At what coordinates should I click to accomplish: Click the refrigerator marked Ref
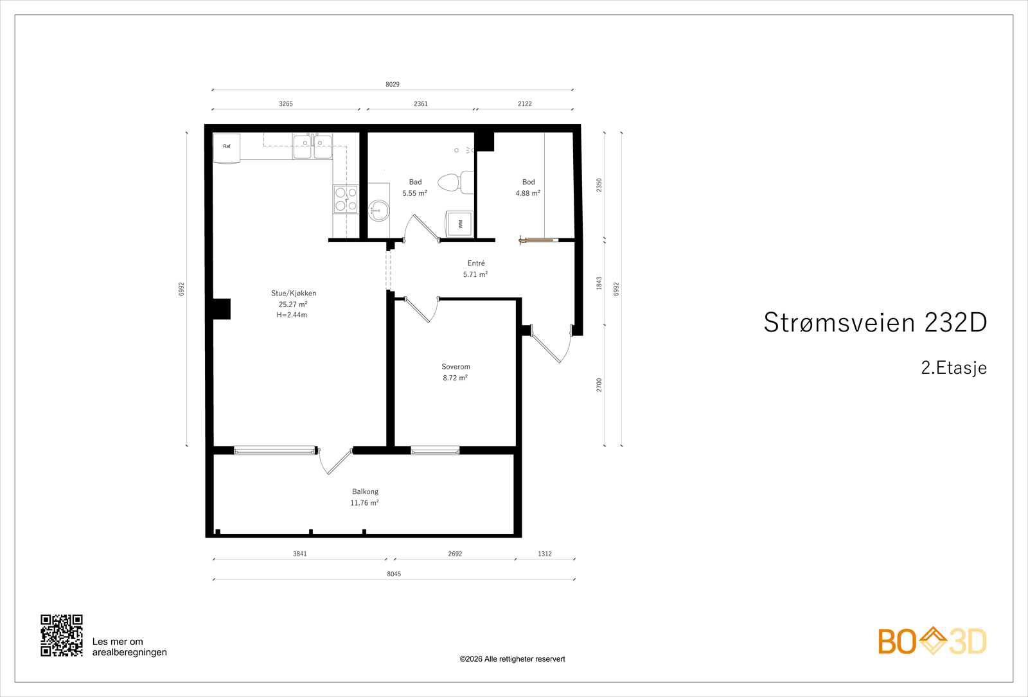(x=227, y=148)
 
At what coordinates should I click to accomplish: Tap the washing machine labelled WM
(x=459, y=224)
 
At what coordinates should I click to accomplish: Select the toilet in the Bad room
(x=454, y=182)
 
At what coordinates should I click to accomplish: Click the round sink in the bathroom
(x=378, y=209)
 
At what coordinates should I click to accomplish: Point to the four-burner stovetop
(x=346, y=199)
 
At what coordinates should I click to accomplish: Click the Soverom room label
(x=456, y=367)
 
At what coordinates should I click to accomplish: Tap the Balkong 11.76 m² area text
(x=364, y=503)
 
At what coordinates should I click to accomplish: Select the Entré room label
(x=476, y=263)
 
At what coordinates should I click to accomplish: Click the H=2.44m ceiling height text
(x=292, y=315)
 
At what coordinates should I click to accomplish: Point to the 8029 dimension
(x=393, y=84)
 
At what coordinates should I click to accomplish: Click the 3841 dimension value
(x=300, y=554)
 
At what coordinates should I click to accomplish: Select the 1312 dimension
(x=545, y=554)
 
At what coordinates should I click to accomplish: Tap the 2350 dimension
(x=599, y=185)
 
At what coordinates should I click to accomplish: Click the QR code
(x=62, y=635)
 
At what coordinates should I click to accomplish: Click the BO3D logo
(x=932, y=641)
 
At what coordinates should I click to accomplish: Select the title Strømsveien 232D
(x=875, y=322)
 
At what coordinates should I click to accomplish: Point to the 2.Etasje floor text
(x=953, y=367)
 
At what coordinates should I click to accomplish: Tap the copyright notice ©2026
(x=512, y=659)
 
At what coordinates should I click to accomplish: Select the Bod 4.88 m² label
(x=528, y=188)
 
